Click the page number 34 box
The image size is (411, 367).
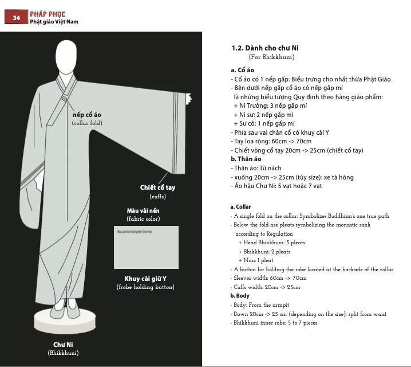click(x=17, y=18)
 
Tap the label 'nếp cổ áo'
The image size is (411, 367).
click(x=87, y=115)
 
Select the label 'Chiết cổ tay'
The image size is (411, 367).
click(x=157, y=188)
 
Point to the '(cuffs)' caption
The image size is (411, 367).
click(x=157, y=197)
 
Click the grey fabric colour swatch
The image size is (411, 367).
click(x=146, y=247)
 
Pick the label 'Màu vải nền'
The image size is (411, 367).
click(x=143, y=210)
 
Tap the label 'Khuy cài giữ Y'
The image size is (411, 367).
click(x=145, y=279)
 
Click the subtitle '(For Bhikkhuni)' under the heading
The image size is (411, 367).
click(x=271, y=57)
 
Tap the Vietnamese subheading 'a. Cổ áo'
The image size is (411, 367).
click(x=242, y=70)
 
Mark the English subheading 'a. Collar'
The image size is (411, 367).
click(x=240, y=206)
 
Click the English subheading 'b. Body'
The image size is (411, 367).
click(x=240, y=296)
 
